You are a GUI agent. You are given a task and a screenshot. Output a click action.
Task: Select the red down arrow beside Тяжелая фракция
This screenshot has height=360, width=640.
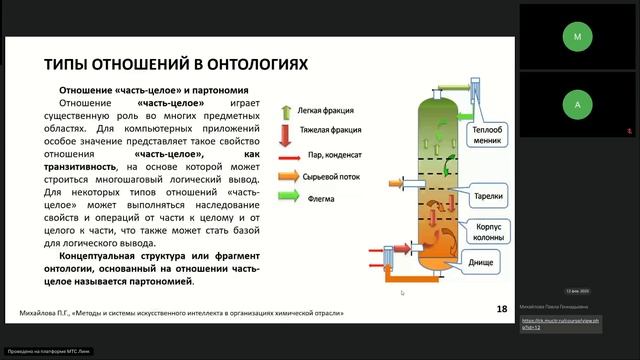click(x=287, y=131)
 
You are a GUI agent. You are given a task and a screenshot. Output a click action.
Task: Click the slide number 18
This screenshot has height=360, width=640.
click(x=501, y=310)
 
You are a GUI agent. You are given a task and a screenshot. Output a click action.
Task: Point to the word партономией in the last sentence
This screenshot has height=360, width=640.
click(x=153, y=281)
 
